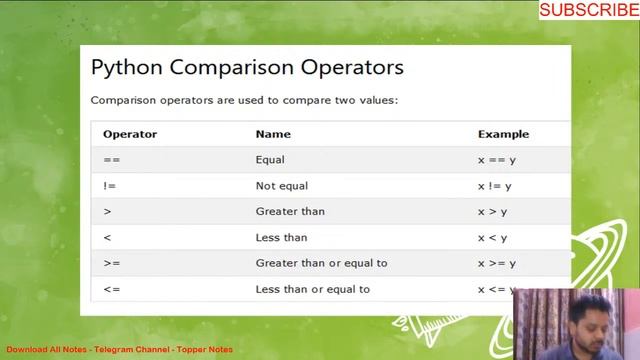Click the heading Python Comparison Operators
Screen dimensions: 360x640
[247, 67]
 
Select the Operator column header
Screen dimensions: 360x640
[130, 134]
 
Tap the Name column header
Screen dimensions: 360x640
[273, 134]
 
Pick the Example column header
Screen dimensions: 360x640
[503, 134]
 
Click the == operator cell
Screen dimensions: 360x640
[111, 160]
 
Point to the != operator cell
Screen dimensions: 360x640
[110, 186]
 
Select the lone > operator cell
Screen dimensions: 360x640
[107, 212]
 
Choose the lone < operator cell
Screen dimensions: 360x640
[107, 238]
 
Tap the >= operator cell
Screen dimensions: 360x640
[111, 263]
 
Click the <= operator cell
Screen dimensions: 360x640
[111, 289]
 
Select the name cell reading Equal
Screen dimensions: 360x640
[270, 160]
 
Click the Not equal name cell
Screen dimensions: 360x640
[282, 186]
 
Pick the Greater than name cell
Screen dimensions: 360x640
[290, 212]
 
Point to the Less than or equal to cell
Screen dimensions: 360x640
[313, 289]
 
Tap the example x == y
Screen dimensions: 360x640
[497, 160]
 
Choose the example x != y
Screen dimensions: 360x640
[495, 186]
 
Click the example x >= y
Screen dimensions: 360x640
[497, 263]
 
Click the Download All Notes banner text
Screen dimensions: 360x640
[119, 350]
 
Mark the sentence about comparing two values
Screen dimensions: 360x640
[244, 100]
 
